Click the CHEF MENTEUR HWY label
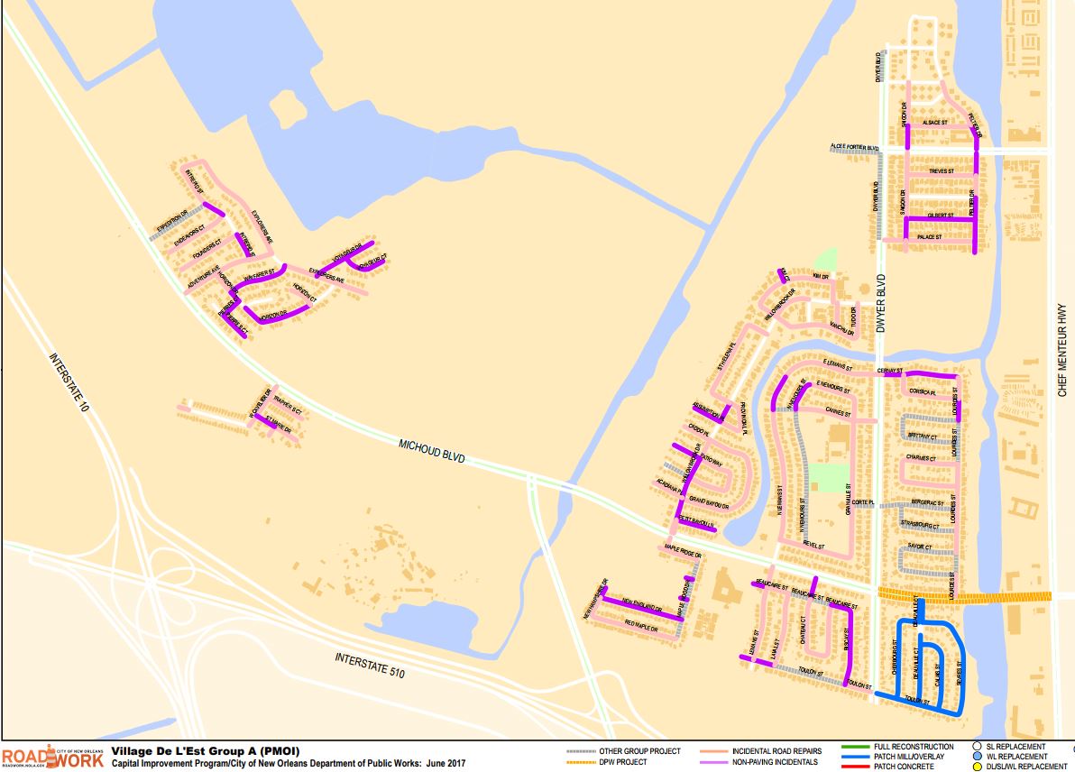click(1062, 350)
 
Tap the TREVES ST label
click(940, 170)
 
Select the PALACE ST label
click(929, 236)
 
